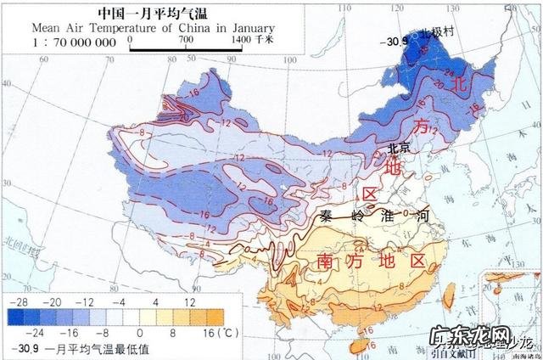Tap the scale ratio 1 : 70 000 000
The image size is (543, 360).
(75, 42)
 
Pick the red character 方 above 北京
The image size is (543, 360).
(422, 126)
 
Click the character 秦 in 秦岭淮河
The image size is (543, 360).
(327, 216)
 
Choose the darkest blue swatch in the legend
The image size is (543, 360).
(19, 317)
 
